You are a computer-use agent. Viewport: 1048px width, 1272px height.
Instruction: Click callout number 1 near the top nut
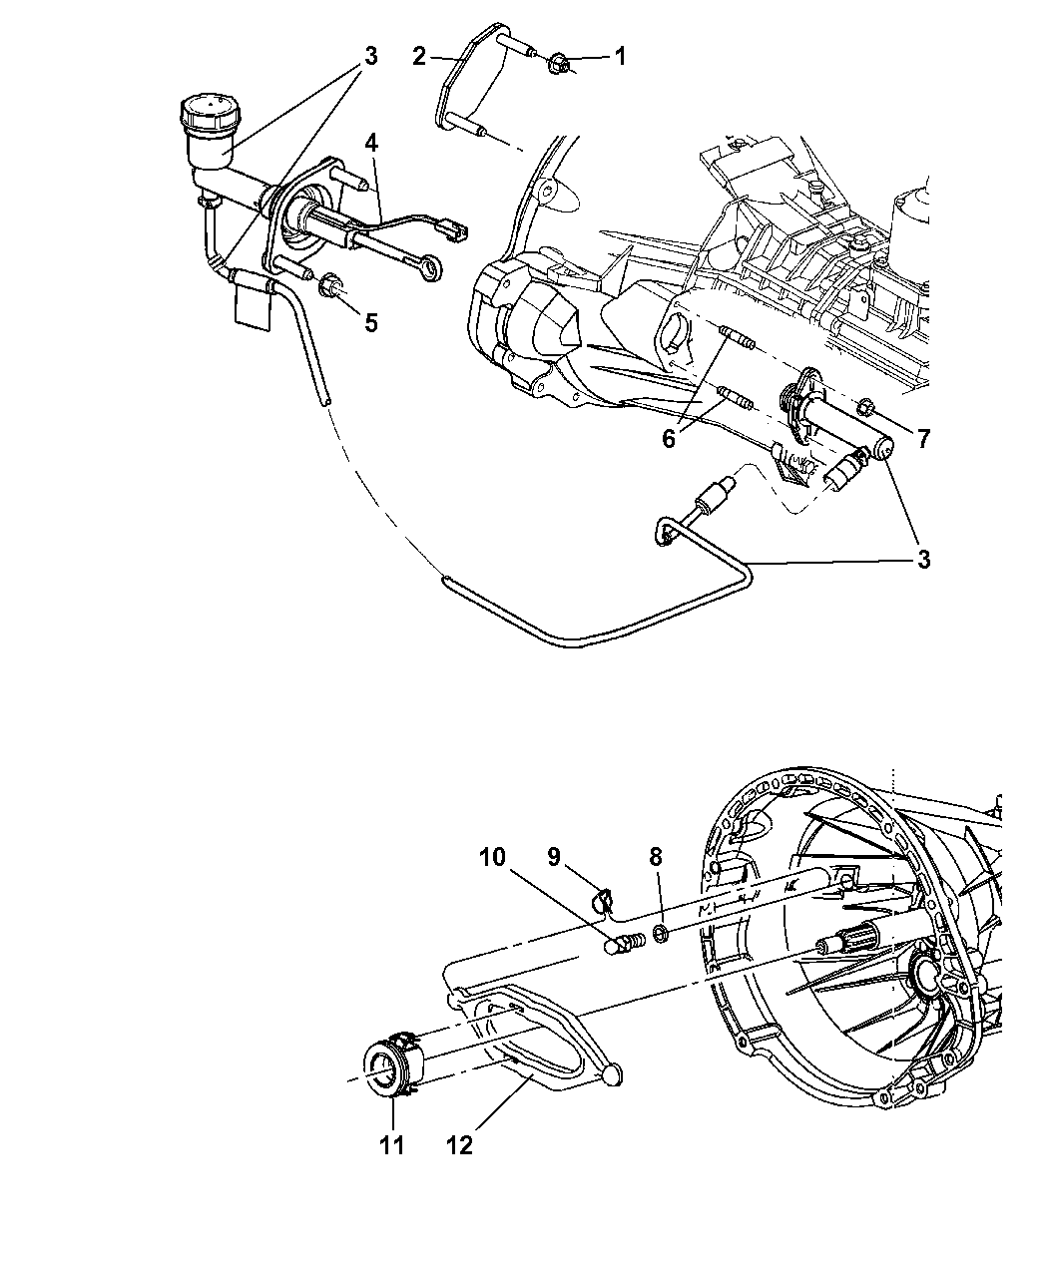(620, 57)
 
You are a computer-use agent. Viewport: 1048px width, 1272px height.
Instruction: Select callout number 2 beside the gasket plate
(419, 57)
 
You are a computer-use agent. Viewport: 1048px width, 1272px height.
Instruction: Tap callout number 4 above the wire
(372, 144)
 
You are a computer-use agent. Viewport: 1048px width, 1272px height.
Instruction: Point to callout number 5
(371, 322)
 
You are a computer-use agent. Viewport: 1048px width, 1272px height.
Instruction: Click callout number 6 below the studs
(669, 439)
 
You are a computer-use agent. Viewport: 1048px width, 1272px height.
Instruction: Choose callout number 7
(923, 439)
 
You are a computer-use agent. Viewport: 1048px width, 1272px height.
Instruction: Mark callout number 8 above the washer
(656, 857)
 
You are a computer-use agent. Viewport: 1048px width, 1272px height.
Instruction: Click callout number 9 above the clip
(553, 857)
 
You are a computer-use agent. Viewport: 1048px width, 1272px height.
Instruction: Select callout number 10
(492, 857)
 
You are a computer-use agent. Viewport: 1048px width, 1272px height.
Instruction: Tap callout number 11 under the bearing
(391, 1146)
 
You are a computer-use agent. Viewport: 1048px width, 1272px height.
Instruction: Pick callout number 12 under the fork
(460, 1146)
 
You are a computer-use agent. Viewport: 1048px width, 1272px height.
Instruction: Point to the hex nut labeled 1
(557, 64)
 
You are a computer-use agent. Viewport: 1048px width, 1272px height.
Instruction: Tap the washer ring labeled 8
(661, 933)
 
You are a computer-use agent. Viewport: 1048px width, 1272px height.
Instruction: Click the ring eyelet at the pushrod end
(433, 267)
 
